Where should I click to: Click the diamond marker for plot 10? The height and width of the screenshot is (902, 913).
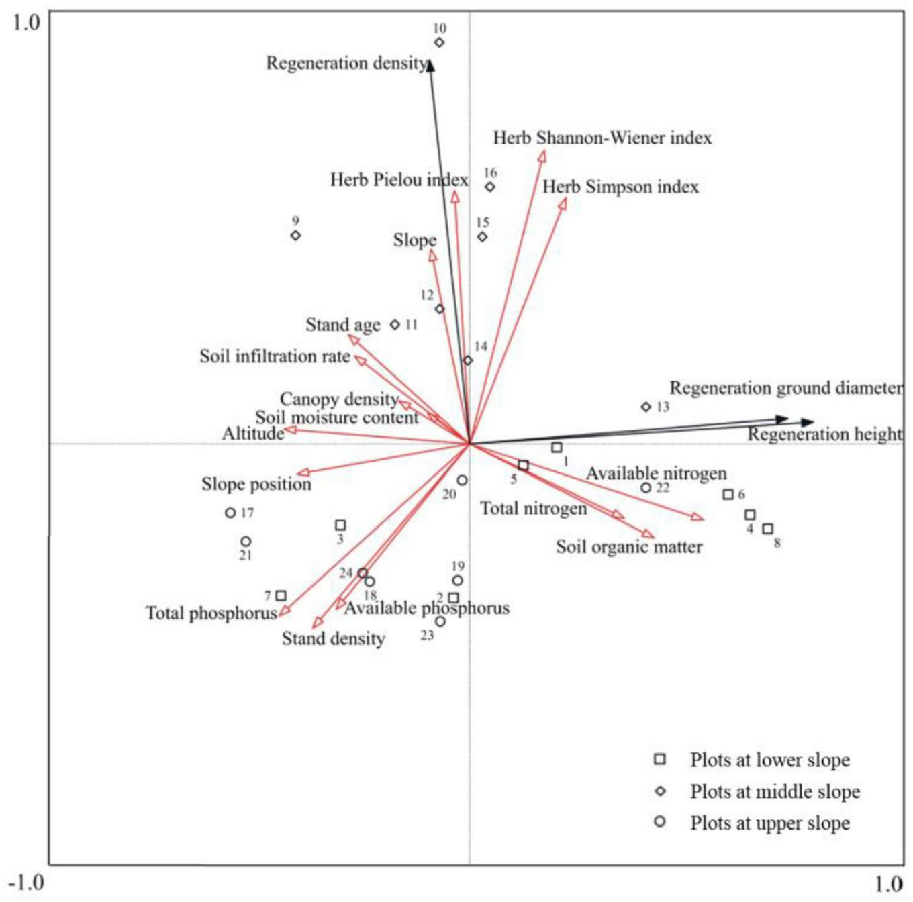(439, 42)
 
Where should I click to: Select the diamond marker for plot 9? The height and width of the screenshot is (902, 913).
(295, 235)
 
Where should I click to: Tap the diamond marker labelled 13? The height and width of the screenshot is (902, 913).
(646, 407)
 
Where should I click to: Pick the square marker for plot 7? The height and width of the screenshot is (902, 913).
(281, 595)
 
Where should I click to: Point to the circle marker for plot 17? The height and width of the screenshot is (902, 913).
(230, 513)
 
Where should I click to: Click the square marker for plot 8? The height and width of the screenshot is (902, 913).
(768, 529)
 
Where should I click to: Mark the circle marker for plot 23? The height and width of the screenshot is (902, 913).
(440, 621)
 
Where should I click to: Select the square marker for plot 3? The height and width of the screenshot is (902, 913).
(340, 525)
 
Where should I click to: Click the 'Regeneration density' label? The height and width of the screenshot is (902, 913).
(346, 63)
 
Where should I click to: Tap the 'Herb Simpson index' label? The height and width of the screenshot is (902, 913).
(620, 187)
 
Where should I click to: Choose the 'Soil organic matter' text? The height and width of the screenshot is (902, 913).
(628, 547)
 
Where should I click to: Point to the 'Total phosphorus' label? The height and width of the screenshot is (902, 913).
(211, 613)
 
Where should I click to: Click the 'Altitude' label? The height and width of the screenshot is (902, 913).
(253, 434)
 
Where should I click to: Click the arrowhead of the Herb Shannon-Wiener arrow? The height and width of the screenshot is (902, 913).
(542, 156)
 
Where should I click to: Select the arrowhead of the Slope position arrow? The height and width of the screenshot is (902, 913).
(303, 473)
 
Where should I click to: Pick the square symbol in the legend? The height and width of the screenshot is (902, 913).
(660, 759)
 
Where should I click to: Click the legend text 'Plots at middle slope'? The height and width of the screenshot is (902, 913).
(775, 792)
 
